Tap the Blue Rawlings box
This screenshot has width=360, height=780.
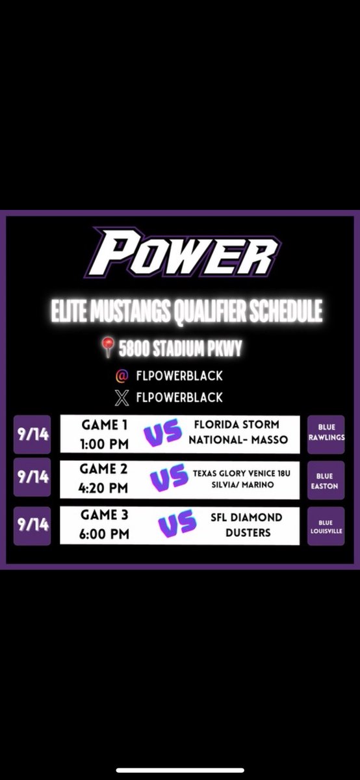pos(326,434)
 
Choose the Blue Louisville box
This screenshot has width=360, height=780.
pos(326,526)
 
